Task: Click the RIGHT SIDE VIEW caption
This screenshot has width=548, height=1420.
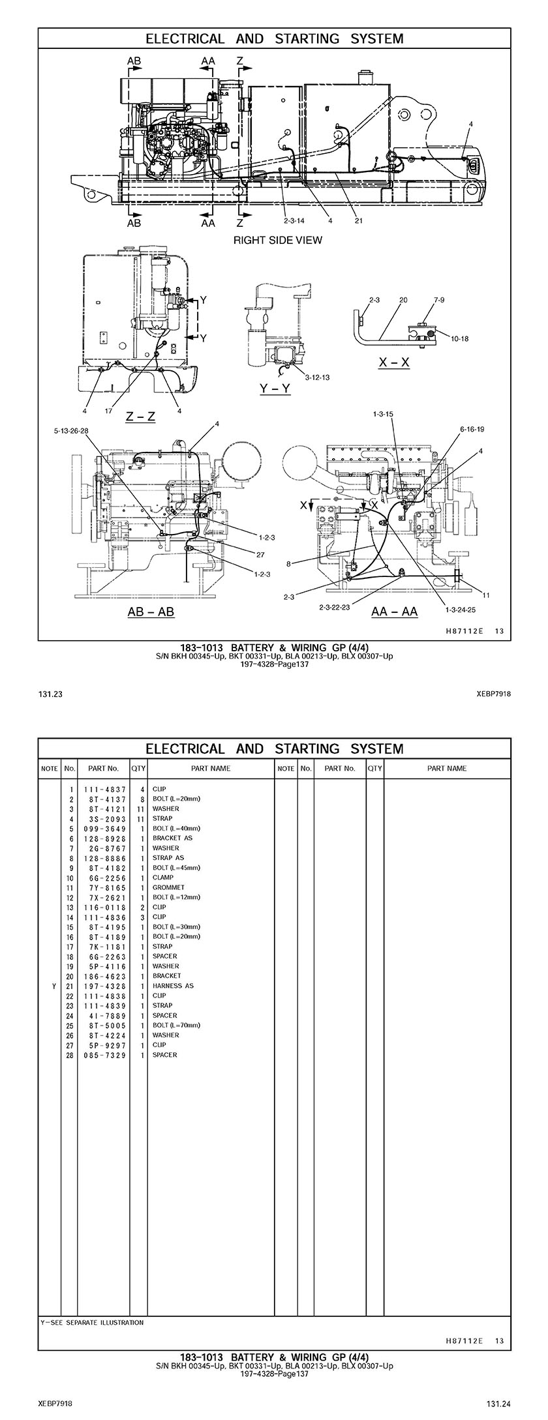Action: (x=277, y=240)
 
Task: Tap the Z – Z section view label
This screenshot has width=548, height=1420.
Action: (x=141, y=416)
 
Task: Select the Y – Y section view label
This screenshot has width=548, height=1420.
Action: (x=275, y=389)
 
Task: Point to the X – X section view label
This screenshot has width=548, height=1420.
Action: (x=394, y=362)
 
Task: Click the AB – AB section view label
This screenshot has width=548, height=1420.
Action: (x=151, y=612)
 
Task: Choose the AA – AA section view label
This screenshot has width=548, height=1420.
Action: (x=394, y=612)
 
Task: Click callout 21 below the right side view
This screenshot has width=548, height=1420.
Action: (x=358, y=220)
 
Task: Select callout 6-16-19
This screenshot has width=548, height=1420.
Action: (x=472, y=430)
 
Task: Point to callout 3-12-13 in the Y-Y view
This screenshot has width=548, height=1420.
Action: (x=317, y=377)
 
